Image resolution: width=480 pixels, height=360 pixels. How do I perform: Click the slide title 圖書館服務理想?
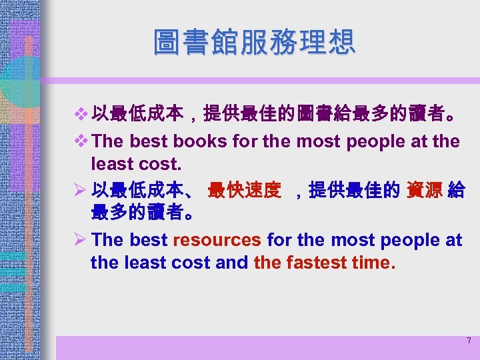(254, 41)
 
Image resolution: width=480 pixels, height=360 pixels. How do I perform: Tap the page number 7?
(469, 341)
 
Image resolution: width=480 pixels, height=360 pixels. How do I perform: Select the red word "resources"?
(217, 240)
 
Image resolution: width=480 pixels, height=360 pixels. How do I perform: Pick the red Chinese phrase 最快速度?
(245, 191)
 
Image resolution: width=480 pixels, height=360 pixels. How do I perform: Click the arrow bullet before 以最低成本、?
(81, 191)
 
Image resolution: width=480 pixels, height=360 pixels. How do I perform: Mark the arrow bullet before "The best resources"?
(81, 240)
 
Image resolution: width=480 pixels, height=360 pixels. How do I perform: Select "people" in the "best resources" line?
(398, 240)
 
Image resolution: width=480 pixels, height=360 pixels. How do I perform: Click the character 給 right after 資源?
(456, 191)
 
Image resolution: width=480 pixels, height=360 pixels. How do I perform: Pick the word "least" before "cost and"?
(146, 263)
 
